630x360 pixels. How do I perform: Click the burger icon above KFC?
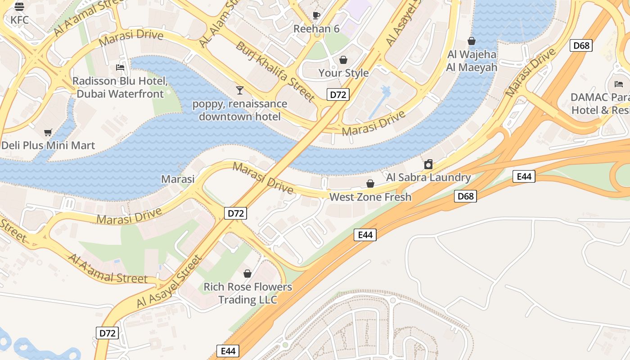19,7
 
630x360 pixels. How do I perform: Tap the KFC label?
20,20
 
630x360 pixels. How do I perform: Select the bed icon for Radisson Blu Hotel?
120,67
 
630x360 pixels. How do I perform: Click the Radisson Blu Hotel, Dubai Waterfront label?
120,88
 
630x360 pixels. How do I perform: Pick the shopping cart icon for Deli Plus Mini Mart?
48,132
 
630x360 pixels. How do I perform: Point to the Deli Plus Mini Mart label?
48,145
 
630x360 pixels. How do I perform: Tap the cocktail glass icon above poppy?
239,90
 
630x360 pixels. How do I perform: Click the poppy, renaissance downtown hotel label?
239,110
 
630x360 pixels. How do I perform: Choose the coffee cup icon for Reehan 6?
316,15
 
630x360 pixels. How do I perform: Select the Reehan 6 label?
316,29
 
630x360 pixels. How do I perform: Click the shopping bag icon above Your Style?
343,60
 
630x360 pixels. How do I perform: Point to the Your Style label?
343,73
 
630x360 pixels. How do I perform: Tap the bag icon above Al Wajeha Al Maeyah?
472,41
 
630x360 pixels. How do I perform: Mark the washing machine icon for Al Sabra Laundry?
428,164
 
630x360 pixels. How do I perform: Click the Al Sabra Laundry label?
428,177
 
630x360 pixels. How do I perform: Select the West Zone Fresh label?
370,197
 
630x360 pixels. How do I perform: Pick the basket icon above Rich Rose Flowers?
247,273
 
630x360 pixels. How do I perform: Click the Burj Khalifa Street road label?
275,72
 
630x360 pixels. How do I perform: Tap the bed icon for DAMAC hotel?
619,84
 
